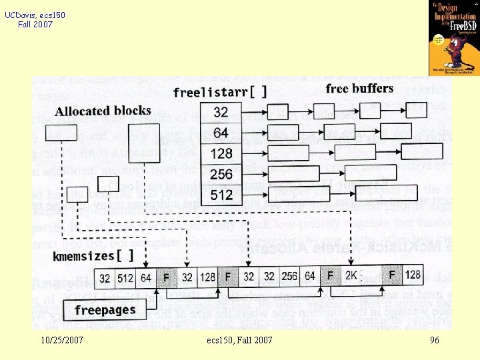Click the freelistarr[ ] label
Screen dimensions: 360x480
[x=220, y=91]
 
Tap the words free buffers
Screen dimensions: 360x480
[x=359, y=89]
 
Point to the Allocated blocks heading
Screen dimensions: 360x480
[x=103, y=111]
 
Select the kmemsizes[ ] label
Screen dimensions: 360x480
[x=93, y=255]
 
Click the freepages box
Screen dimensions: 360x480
[x=105, y=310]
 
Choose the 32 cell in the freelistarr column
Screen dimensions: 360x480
[x=221, y=113]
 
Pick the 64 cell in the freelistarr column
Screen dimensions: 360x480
[x=221, y=133]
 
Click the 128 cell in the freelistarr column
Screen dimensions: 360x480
[x=221, y=153]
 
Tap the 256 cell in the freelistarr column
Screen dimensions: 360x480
[x=221, y=174]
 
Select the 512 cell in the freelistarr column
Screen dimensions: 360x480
[x=221, y=195]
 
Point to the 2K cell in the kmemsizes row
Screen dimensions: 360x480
[x=351, y=275]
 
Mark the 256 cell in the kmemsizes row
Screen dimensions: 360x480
[x=289, y=275]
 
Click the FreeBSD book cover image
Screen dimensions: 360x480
[x=453, y=38]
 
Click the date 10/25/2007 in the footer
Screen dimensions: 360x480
[x=61, y=341]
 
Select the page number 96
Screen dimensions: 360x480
[x=435, y=341]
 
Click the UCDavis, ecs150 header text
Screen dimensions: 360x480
[x=35, y=15]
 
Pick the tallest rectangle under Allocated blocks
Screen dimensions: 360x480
[x=146, y=142]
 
